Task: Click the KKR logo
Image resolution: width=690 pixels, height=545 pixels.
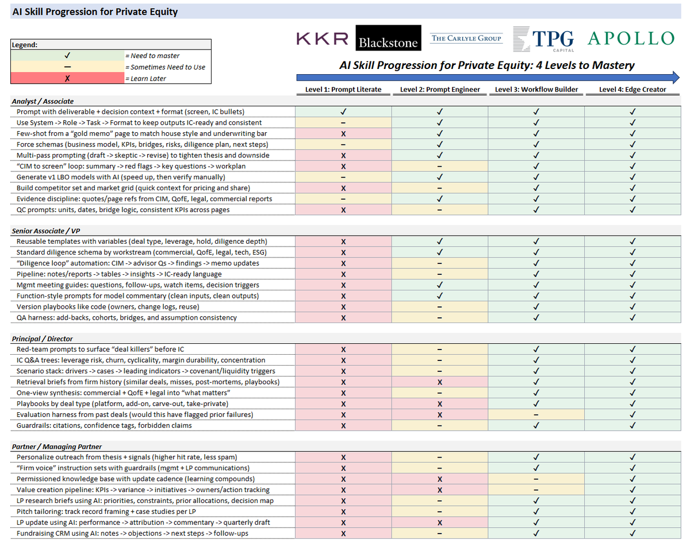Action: (322, 39)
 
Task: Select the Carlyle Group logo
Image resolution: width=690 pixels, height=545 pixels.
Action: (466, 39)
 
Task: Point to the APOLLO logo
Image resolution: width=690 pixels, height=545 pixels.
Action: (631, 39)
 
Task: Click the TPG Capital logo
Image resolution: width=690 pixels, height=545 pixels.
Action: (543, 39)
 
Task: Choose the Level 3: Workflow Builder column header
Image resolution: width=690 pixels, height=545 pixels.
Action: (536, 90)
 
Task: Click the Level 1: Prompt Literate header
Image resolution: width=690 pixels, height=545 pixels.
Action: (343, 90)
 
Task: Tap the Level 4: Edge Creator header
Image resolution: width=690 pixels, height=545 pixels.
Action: (632, 90)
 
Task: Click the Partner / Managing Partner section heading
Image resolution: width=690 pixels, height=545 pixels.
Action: (57, 447)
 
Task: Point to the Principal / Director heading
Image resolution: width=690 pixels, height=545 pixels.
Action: (43, 339)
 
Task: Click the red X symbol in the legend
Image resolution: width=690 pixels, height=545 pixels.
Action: (68, 78)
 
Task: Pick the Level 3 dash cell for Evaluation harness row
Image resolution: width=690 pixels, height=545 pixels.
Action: (536, 414)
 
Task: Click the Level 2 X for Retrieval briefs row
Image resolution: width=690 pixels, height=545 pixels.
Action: (439, 382)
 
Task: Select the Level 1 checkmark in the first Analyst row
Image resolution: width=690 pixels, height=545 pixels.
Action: (343, 112)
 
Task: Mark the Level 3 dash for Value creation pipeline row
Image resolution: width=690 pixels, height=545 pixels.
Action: (536, 490)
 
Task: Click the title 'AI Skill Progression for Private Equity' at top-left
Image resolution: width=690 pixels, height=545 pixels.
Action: (95, 11)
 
